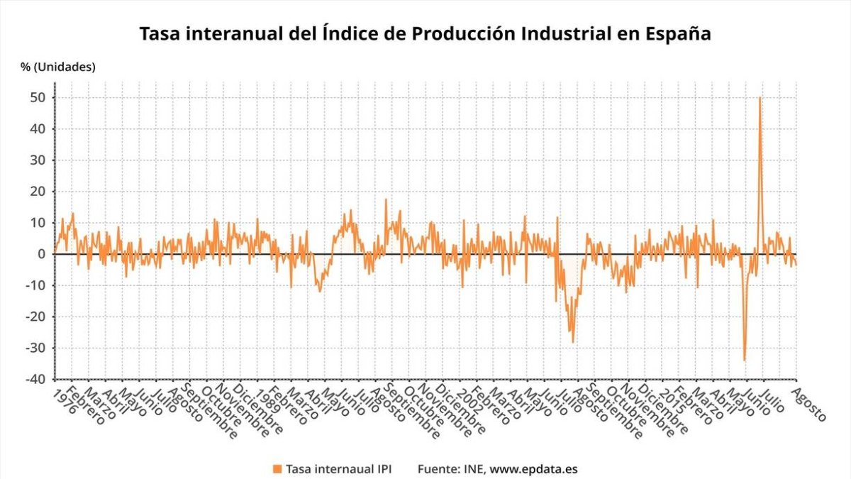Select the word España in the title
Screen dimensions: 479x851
click(674, 33)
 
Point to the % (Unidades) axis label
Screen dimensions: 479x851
click(57, 67)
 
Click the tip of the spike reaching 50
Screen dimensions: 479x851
click(760, 98)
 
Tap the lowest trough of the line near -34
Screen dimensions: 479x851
click(744, 360)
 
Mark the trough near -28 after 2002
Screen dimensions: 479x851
click(573, 342)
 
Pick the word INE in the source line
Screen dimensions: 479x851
click(474, 468)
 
